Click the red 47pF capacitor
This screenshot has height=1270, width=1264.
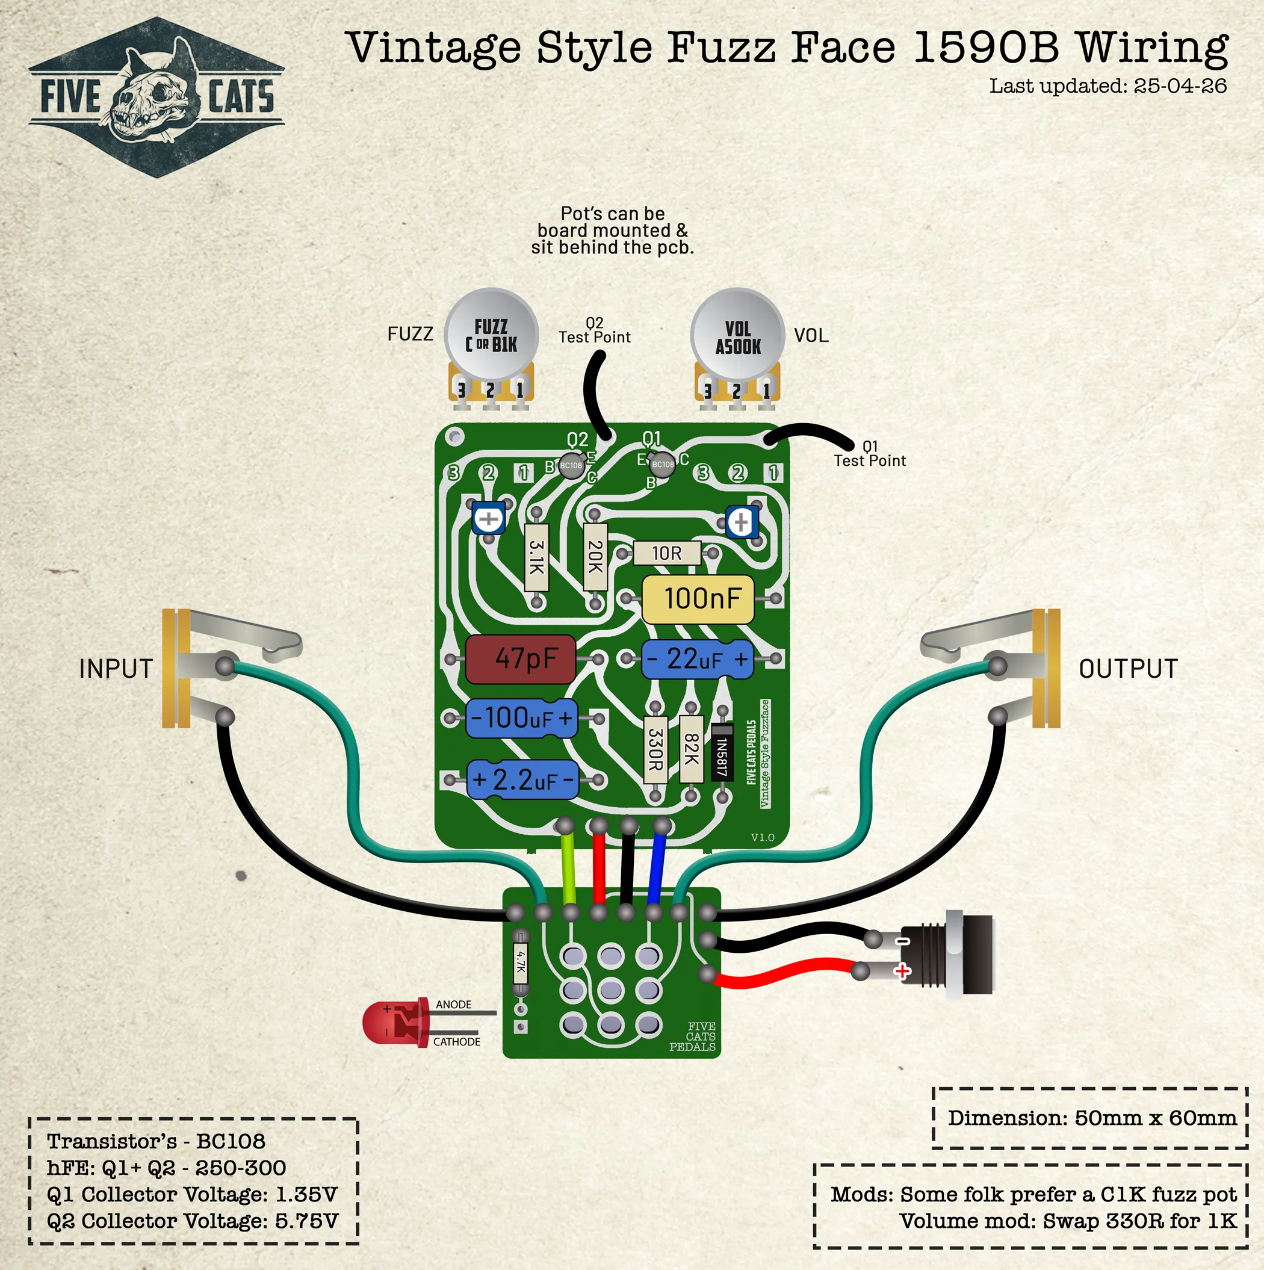[x=520, y=658]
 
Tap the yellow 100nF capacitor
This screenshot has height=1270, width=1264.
[x=698, y=599]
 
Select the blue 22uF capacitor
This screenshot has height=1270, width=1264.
[x=698, y=658]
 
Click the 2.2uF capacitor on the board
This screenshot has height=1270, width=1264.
[x=522, y=779]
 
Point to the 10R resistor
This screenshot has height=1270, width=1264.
[x=666, y=554]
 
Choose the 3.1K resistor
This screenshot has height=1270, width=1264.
[x=537, y=557]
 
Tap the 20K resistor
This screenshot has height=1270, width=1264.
[x=595, y=557]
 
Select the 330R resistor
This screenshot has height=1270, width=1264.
[x=655, y=749]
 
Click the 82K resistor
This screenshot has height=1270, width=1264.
[x=691, y=749]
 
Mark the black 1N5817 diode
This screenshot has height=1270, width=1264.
[x=722, y=752]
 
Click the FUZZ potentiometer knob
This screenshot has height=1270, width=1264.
[x=491, y=335]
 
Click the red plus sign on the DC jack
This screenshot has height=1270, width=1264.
[x=902, y=971]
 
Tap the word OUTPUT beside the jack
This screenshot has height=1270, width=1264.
[x=1127, y=669]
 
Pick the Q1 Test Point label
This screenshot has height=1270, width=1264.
[x=869, y=454]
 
